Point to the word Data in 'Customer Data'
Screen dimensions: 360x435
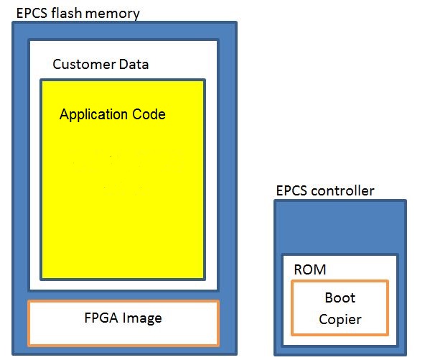coord(134,65)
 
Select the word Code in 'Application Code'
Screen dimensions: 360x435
coord(148,114)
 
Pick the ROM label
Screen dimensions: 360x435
coord(309,269)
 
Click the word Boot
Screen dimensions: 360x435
coord(340,297)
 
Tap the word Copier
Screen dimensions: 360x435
coord(340,319)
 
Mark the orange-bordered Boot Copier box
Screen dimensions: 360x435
coord(340,308)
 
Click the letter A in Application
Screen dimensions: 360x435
coord(63,114)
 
